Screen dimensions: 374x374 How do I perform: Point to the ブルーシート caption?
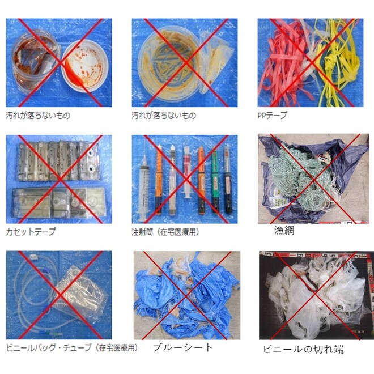coord(183,347)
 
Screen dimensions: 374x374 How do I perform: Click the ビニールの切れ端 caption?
coord(303,348)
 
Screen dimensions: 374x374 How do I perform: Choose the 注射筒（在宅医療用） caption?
coord(165,232)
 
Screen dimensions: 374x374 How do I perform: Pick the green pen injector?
coord(215,181)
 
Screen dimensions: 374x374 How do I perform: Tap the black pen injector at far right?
coord(227,181)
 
